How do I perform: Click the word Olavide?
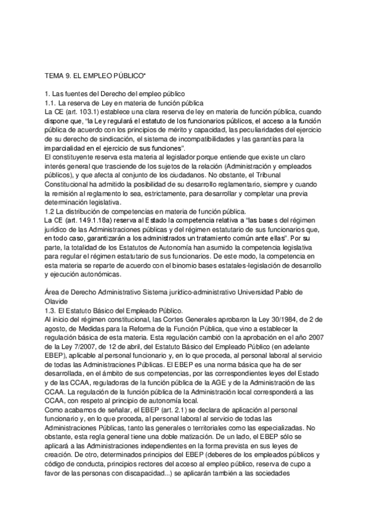[51, 302]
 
